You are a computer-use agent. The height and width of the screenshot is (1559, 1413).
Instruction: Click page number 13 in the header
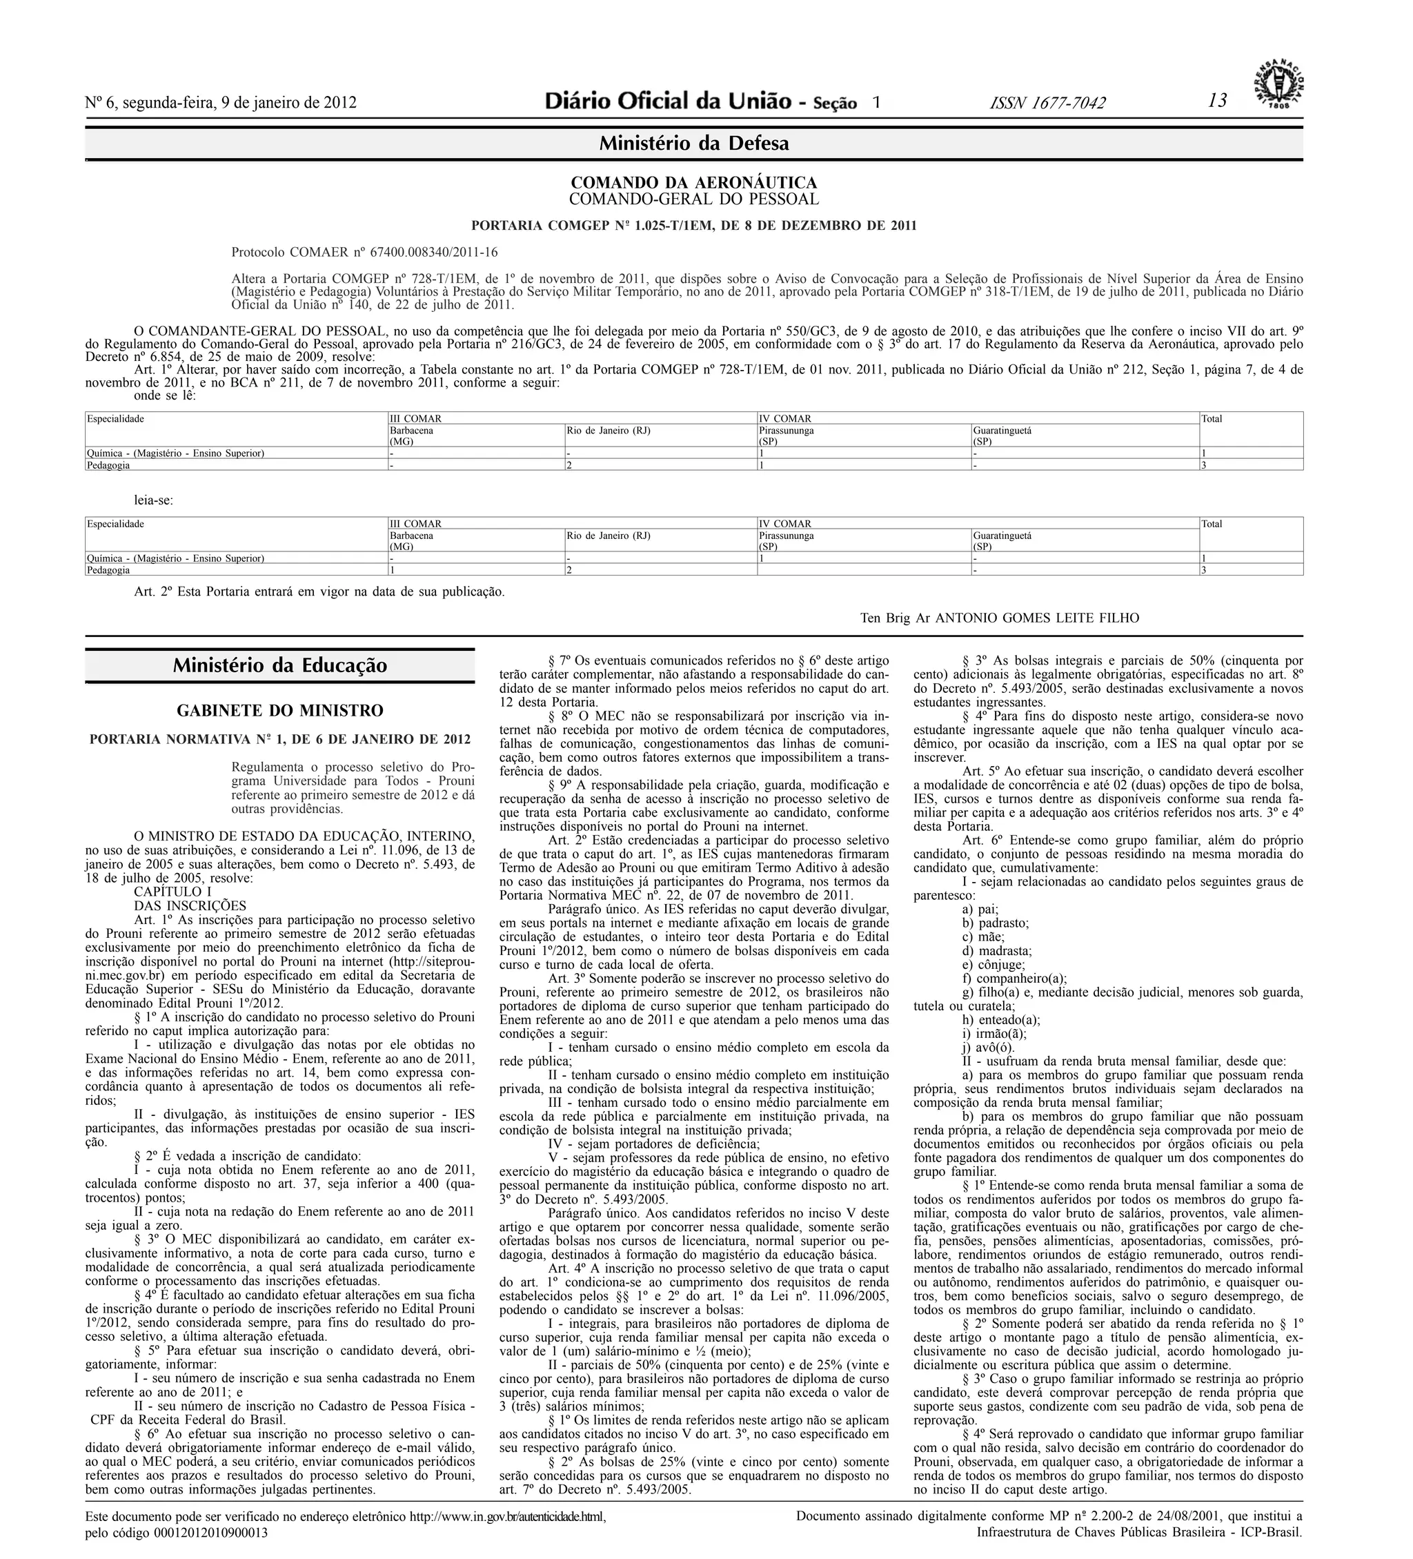[x=1218, y=101]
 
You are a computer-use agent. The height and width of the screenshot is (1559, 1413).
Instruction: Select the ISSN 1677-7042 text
[x=1047, y=103]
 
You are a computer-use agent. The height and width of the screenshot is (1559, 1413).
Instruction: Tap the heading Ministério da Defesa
[x=693, y=143]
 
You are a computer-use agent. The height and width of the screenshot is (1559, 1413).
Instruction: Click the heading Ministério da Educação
[x=280, y=665]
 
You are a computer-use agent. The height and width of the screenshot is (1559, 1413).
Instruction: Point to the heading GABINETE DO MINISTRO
[x=280, y=710]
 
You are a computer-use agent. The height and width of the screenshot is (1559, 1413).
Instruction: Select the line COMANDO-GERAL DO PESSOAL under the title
[x=693, y=199]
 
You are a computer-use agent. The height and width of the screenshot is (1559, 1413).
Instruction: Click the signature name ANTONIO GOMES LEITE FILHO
[x=1036, y=618]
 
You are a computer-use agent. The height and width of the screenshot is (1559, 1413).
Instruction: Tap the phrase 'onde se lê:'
[x=165, y=395]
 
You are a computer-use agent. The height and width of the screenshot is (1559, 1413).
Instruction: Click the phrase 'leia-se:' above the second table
[x=154, y=500]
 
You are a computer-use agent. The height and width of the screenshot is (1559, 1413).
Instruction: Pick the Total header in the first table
[x=1212, y=419]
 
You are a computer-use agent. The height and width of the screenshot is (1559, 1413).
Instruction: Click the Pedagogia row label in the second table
[x=108, y=570]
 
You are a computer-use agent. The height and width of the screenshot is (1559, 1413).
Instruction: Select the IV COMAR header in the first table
[x=785, y=418]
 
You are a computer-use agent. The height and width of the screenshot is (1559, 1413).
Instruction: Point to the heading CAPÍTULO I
[x=172, y=892]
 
